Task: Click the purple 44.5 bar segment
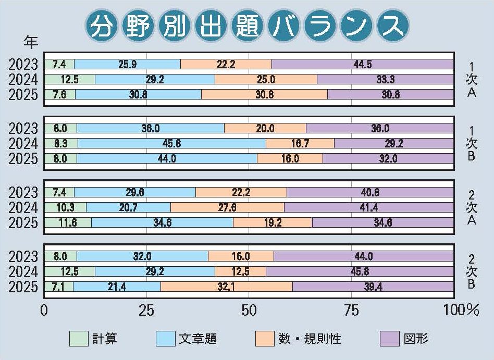363,64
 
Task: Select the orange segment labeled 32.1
226,287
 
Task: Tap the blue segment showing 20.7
128,207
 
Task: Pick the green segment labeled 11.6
68,222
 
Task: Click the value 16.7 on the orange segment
300,143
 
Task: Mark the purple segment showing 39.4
373,287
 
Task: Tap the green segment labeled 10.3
65,207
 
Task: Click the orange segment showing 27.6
227,207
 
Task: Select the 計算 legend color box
79,339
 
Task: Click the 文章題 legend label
197,339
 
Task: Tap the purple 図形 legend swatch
390,339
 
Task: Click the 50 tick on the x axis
249,311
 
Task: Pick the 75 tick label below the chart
352,311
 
